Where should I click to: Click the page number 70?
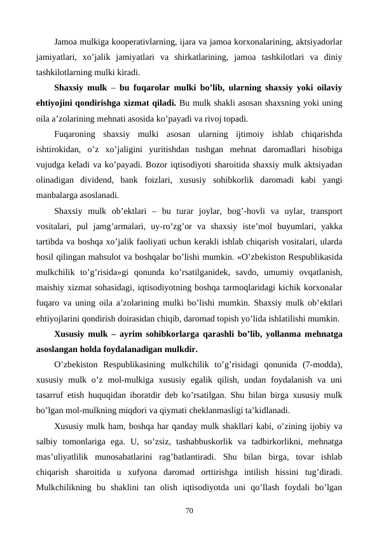click(x=189, y=509)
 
